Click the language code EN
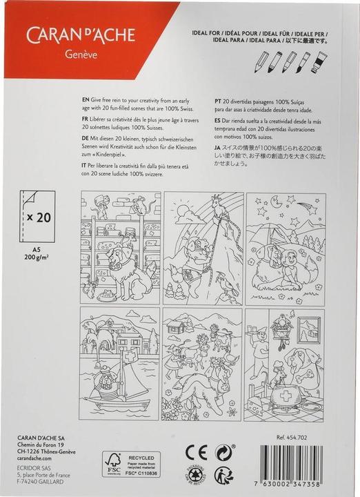coord(86,99)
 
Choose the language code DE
coord(86,139)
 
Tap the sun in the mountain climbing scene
coord(183,209)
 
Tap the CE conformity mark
coord(195,453)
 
